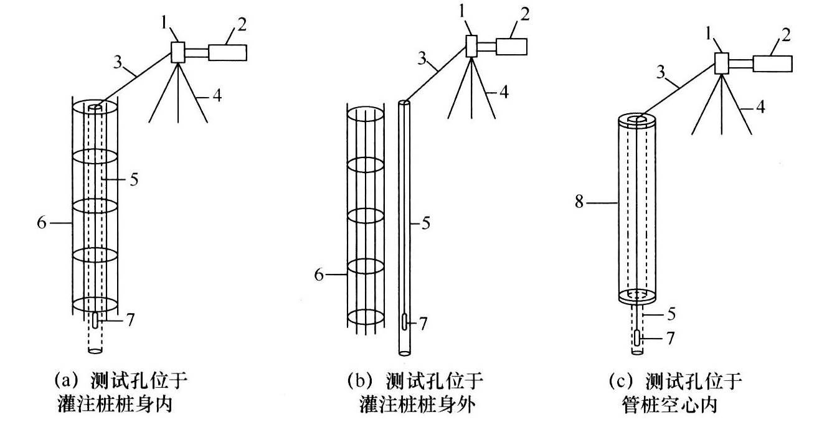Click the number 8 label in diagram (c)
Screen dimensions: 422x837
(x=579, y=203)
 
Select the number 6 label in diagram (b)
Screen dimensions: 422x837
(x=319, y=274)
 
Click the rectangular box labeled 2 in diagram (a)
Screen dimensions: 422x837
(x=227, y=52)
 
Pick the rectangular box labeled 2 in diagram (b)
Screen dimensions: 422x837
(x=512, y=46)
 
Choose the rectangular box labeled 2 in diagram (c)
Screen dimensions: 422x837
(x=772, y=62)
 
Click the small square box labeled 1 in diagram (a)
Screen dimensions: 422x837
(x=179, y=52)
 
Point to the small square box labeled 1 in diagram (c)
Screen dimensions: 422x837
(x=722, y=63)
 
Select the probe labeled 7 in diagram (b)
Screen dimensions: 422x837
(x=404, y=322)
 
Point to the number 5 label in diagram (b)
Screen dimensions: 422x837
(x=426, y=222)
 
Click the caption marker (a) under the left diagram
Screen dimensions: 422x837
(x=67, y=380)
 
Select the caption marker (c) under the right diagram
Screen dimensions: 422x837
(x=623, y=380)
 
